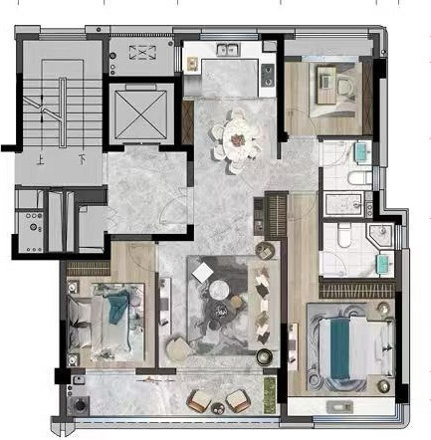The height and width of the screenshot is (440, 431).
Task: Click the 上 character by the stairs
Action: coord(41,161)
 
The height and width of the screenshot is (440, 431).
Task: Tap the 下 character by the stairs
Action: coord(82,160)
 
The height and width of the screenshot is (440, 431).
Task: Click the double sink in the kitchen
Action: coord(229,50)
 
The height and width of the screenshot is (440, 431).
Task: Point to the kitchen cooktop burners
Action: coord(268,75)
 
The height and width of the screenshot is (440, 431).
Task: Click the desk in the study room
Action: coord(326,85)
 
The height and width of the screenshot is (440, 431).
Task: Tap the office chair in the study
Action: coord(346,88)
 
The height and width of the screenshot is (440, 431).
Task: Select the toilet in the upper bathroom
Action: coord(359,177)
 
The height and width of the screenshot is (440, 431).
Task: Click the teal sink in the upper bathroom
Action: coord(364,153)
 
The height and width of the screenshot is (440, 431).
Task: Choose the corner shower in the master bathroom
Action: coord(381,236)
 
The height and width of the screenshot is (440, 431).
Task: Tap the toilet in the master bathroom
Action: coord(343,235)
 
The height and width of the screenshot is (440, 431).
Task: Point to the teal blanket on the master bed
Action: coord(339,348)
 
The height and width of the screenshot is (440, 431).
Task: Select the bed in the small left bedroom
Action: coord(106,322)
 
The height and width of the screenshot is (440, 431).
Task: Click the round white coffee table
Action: coord(219,290)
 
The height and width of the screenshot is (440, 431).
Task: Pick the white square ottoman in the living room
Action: coord(203,272)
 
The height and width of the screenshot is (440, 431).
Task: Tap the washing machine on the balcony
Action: coord(79,404)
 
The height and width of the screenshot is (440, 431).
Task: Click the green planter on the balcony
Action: coord(270,394)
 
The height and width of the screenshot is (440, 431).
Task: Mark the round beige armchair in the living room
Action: coord(178,348)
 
